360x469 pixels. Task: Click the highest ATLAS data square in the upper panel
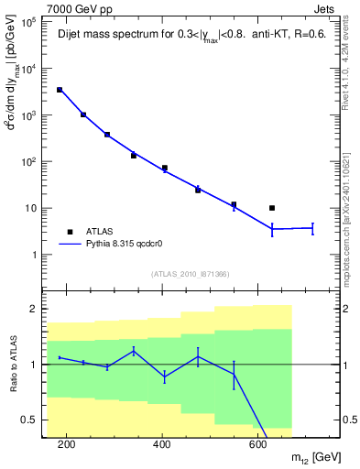pyautogui.click(x=60, y=90)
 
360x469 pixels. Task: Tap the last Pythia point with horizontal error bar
pyautogui.click(x=312, y=227)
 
